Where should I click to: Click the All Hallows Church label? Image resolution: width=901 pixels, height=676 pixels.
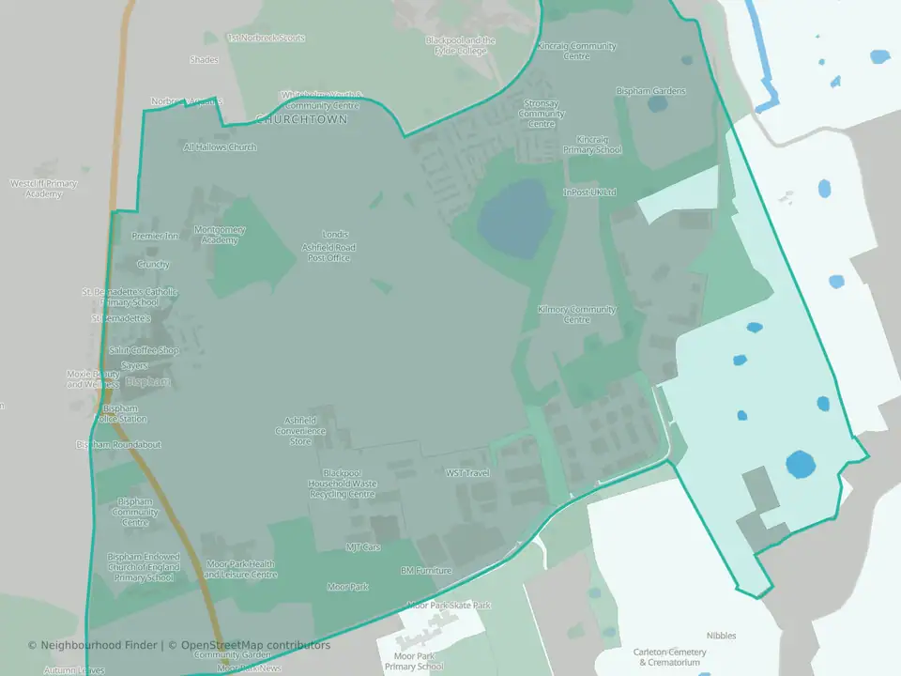pos(220,147)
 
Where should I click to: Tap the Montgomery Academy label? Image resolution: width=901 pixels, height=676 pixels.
pos(220,235)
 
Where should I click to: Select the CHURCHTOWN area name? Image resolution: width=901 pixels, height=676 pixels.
pos(301,120)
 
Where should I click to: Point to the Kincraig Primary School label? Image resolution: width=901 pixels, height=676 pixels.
pos(592,145)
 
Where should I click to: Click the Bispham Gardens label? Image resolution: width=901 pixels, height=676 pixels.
pos(650,91)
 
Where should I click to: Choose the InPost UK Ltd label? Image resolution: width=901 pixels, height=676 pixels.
pos(589,192)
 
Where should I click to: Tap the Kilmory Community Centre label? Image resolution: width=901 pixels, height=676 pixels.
pos(576,315)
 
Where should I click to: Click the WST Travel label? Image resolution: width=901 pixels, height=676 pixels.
pos(467,473)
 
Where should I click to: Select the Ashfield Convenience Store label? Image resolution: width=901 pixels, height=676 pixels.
pos(299,431)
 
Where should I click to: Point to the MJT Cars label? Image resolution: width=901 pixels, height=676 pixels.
pos(363,546)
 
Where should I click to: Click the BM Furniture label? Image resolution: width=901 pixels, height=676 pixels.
pos(426,570)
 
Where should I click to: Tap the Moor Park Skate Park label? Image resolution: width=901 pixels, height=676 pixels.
pos(449,606)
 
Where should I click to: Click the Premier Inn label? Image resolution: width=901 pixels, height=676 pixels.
pos(155,236)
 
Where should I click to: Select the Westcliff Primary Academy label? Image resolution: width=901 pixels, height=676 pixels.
pos(43,189)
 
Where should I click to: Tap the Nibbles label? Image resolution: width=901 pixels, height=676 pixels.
pos(722,636)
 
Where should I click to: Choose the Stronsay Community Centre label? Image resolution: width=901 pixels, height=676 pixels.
pos(542,114)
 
